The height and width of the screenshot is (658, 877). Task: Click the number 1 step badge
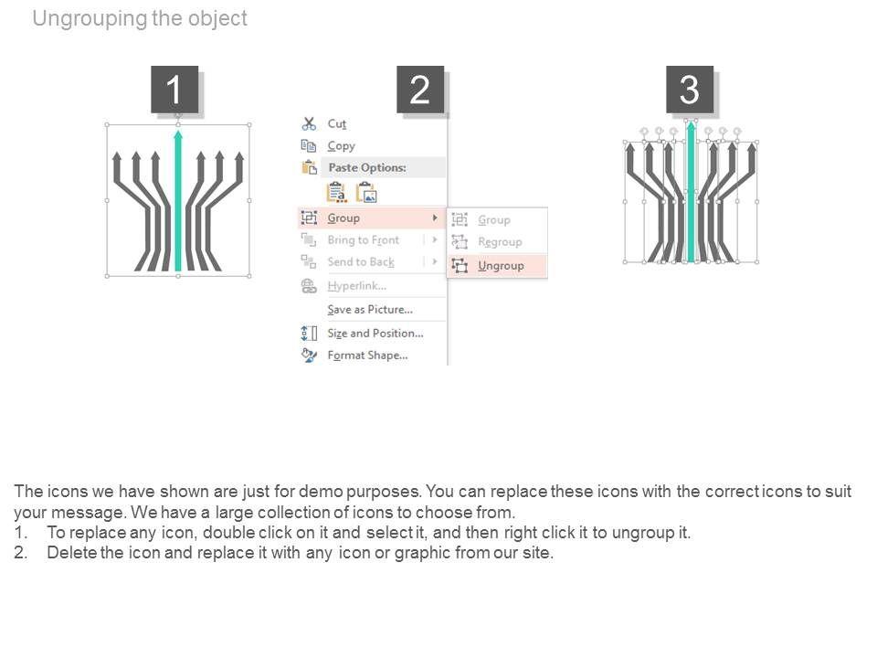tap(174, 90)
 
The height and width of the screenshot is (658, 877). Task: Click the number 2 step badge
tap(420, 90)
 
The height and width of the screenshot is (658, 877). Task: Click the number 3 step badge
tap(690, 90)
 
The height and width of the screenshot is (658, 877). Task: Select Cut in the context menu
tap(337, 124)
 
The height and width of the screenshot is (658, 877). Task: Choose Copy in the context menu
tap(341, 146)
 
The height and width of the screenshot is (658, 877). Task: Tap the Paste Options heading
tap(366, 168)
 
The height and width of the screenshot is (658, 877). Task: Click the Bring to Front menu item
tap(363, 240)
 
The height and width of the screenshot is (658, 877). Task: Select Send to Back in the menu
tap(361, 262)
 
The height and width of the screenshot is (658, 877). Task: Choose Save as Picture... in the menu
tap(369, 310)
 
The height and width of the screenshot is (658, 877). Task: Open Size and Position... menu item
tap(375, 334)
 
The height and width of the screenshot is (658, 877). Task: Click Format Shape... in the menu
tap(367, 356)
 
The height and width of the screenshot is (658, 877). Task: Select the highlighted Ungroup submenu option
tap(501, 266)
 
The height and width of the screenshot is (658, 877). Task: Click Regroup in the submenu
tap(500, 242)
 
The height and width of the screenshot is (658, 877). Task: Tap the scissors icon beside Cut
tap(309, 124)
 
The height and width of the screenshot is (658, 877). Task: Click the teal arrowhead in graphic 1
tap(178, 136)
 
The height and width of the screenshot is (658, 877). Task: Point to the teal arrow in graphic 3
tap(692, 192)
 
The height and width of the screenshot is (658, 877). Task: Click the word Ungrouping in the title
tap(89, 19)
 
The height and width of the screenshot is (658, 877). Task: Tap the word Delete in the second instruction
tap(71, 553)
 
